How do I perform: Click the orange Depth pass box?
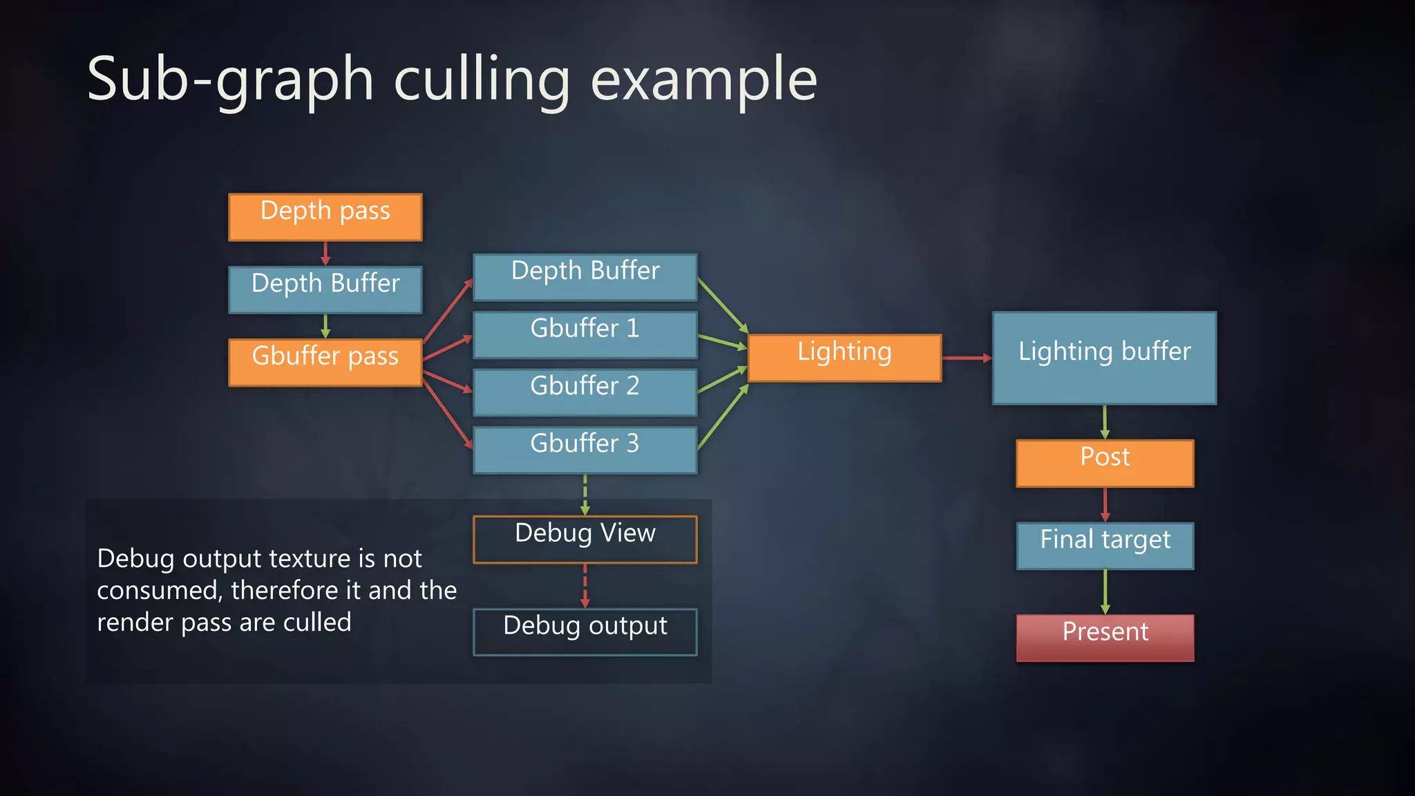(x=325, y=217)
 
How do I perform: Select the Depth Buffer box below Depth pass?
(x=325, y=290)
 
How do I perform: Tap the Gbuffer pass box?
(x=325, y=362)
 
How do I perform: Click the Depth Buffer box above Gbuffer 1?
(x=585, y=277)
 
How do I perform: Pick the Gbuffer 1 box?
(x=585, y=334)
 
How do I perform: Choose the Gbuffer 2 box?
(x=585, y=392)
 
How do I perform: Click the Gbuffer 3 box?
(x=585, y=450)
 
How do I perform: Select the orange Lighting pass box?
(x=844, y=358)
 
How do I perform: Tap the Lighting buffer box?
(x=1104, y=358)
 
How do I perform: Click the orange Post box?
(x=1105, y=463)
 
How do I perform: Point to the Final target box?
(x=1105, y=545)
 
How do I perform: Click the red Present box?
(x=1105, y=638)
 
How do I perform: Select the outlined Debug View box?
(x=585, y=539)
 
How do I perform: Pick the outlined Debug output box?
(x=585, y=632)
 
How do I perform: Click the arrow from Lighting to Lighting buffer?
(x=967, y=358)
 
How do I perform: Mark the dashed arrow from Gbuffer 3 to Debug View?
(x=585, y=495)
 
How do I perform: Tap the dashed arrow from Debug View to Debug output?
(x=585, y=586)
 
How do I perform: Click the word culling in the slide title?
(x=482, y=80)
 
